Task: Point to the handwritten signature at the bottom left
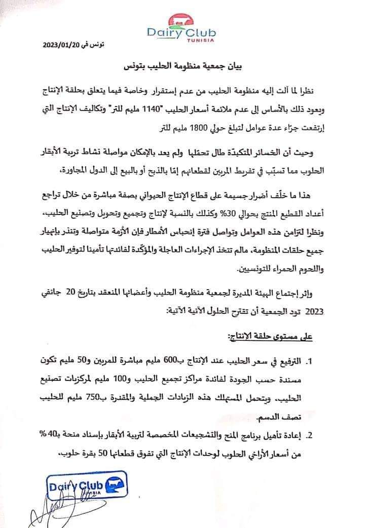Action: coord(48,507)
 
